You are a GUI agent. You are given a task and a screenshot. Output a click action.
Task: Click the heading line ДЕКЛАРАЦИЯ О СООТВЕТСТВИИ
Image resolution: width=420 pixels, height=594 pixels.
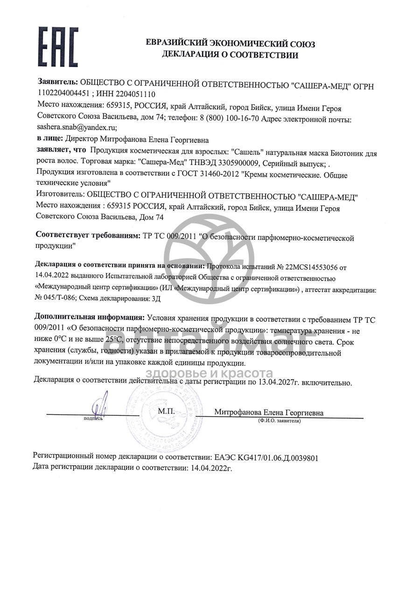[x=230, y=55]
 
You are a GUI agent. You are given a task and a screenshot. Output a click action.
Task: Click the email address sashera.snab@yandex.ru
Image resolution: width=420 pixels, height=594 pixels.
[x=77, y=126]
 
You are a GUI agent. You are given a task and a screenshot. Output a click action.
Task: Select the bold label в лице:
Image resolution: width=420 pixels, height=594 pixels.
[x=49, y=139]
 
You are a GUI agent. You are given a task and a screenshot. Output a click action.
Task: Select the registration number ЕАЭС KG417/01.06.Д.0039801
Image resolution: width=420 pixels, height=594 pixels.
[x=266, y=458]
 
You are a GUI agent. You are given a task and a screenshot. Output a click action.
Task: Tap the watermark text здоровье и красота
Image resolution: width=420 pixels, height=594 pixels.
[x=210, y=373]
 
